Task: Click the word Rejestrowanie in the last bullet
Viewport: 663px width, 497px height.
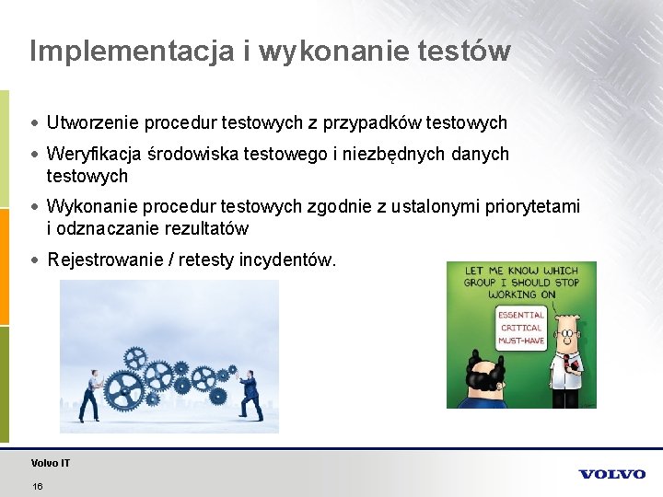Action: point(104,260)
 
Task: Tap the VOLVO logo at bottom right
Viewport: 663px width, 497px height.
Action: point(611,474)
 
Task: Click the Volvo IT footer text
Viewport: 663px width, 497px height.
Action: point(50,463)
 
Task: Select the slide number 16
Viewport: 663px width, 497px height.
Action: point(37,486)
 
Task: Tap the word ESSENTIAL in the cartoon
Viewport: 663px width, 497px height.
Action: point(521,315)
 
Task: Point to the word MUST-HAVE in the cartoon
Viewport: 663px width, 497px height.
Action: point(521,341)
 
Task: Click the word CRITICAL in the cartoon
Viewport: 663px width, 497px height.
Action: point(521,328)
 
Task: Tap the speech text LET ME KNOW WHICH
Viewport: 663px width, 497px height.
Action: point(521,272)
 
